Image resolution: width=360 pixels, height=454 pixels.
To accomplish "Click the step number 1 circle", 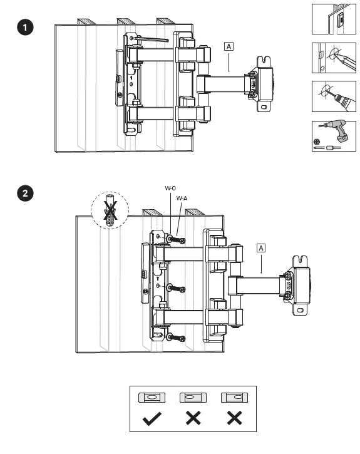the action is tap(25, 27).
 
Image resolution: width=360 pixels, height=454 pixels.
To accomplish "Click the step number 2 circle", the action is tap(25, 193).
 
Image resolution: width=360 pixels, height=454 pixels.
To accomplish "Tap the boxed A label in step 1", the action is tap(229, 46).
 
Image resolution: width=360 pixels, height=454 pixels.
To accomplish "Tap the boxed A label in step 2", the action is tap(261, 248).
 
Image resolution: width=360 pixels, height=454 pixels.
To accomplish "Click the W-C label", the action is tap(170, 188).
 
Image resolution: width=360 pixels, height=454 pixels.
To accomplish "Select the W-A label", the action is tap(182, 199).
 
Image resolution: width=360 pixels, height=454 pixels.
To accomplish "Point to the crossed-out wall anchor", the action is tap(110, 211).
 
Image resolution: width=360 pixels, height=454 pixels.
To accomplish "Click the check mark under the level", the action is tap(152, 419).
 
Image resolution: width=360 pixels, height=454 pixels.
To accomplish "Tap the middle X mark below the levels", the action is tap(193, 418).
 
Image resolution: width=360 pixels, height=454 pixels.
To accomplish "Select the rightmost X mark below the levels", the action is tap(234, 418).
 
